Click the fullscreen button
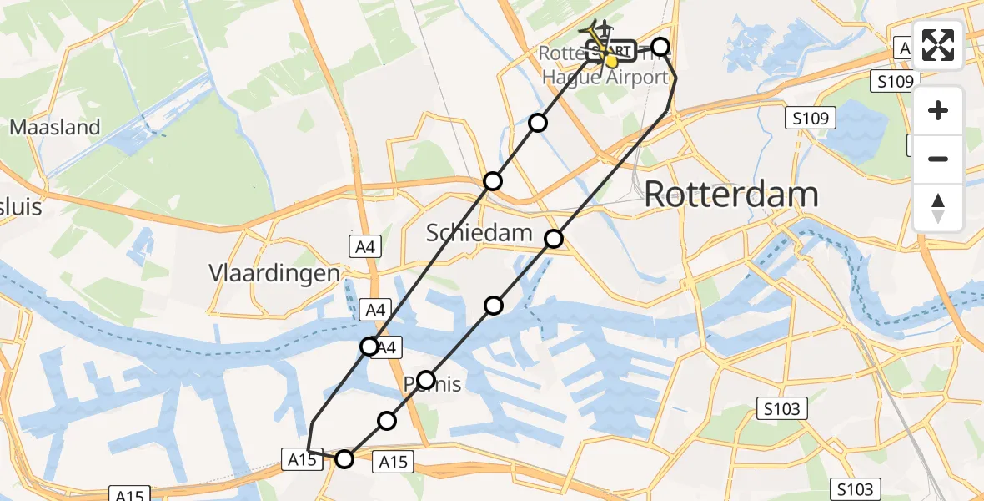[x=938, y=44]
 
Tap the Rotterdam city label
[x=731, y=195]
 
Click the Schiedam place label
[x=479, y=233]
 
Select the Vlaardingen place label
[x=276, y=274]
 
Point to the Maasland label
[x=55, y=128]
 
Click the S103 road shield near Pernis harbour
[x=782, y=409]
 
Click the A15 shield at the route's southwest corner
[x=302, y=459]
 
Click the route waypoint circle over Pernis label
[x=426, y=380]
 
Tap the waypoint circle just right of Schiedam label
[x=555, y=239]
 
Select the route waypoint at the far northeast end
[x=660, y=47]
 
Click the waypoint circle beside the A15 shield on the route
[x=344, y=458]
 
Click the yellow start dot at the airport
[x=611, y=61]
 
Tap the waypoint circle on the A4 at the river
[x=369, y=346]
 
